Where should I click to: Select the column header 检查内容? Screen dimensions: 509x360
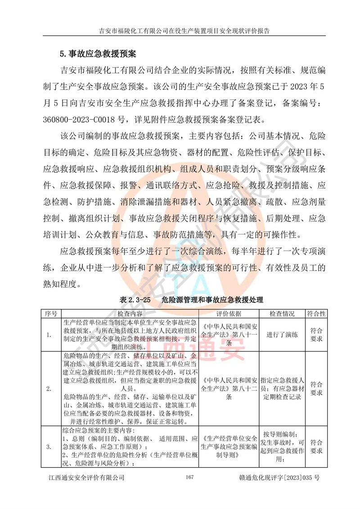coord(130,313)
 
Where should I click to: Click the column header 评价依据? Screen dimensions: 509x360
coord(229,313)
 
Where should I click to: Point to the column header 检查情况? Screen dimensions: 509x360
coord(282,313)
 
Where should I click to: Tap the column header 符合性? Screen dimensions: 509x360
coord(316,313)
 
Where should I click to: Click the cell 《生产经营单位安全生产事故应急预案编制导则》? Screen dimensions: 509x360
coord(229,446)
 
